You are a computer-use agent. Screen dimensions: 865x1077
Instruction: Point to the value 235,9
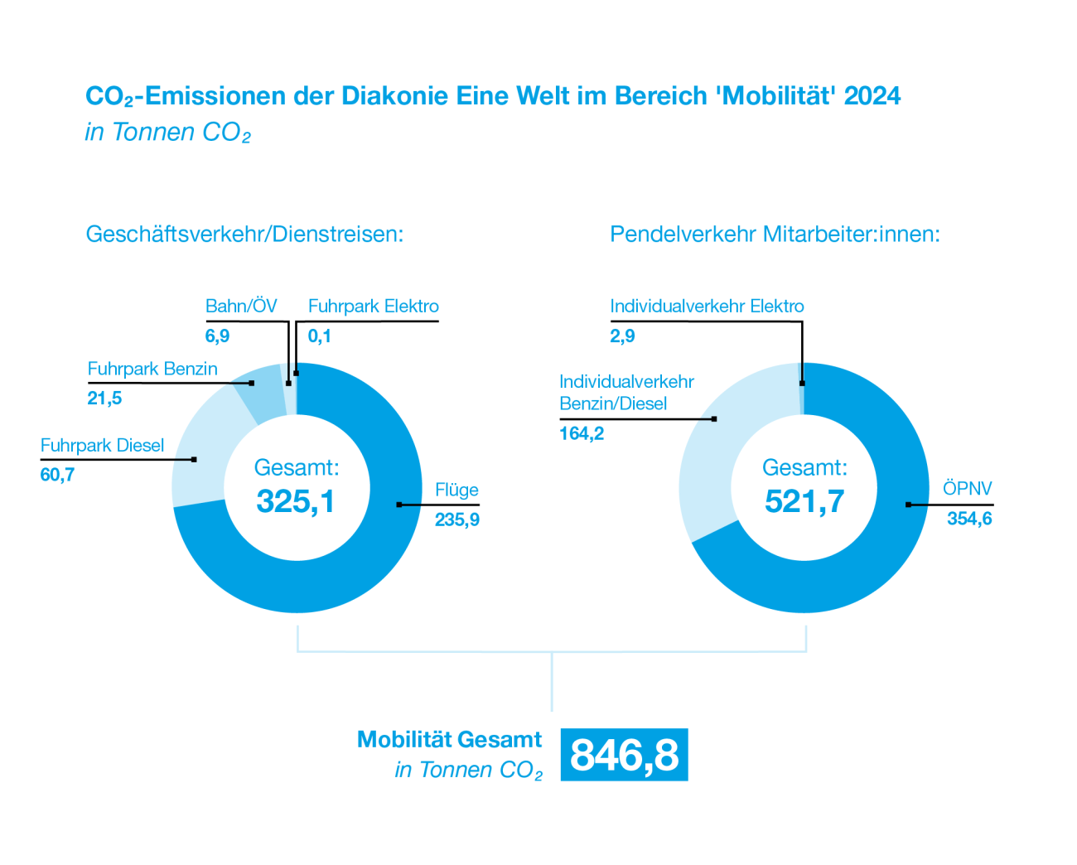457,520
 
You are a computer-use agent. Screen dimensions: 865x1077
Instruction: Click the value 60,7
57,475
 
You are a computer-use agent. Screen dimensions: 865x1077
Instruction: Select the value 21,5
104,399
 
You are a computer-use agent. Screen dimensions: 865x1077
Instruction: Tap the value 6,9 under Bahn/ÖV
217,336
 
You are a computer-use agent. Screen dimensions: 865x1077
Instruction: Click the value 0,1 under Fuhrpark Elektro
320,336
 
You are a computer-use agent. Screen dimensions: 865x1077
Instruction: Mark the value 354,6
969,519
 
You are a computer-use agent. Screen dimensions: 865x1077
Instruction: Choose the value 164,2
582,434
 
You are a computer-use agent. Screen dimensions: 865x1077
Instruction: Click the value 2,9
622,336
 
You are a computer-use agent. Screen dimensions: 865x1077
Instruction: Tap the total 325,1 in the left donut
296,501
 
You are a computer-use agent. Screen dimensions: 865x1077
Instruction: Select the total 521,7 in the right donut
804,501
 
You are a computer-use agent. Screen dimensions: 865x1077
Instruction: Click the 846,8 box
624,755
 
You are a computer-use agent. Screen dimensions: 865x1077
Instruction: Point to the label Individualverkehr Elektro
707,307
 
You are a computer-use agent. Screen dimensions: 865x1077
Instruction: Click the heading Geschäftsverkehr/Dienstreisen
244,234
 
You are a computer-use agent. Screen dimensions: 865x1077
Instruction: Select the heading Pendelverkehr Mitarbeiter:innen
775,234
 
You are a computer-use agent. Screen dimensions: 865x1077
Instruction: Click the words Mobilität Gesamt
449,740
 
